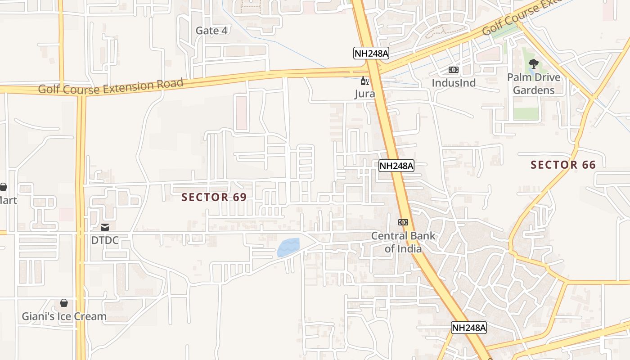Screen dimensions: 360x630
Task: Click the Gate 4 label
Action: [211, 31]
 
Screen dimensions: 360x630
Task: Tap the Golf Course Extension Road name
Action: [111, 86]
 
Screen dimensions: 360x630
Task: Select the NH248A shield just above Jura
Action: [371, 53]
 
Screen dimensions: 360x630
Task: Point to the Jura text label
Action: [364, 94]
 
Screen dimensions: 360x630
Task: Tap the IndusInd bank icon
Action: [453, 70]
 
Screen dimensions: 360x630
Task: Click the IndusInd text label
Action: [453, 83]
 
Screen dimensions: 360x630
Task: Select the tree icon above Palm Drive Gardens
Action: [534, 64]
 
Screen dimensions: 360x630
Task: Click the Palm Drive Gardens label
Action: [534, 84]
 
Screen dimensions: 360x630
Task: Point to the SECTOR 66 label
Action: [563, 165]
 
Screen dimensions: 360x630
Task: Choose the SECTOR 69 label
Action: [214, 197]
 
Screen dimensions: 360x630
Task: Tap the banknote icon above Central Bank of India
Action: [403, 222]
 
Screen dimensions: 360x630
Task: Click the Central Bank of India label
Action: [403, 242]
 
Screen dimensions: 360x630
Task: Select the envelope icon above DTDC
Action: [105, 227]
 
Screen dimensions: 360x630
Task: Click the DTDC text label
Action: [105, 240]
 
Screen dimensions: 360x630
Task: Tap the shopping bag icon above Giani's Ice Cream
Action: [64, 303]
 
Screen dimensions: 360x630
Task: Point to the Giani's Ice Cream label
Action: [64, 316]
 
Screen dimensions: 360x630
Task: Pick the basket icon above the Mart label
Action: [3, 186]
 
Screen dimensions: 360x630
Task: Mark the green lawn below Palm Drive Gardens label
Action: [526, 113]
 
